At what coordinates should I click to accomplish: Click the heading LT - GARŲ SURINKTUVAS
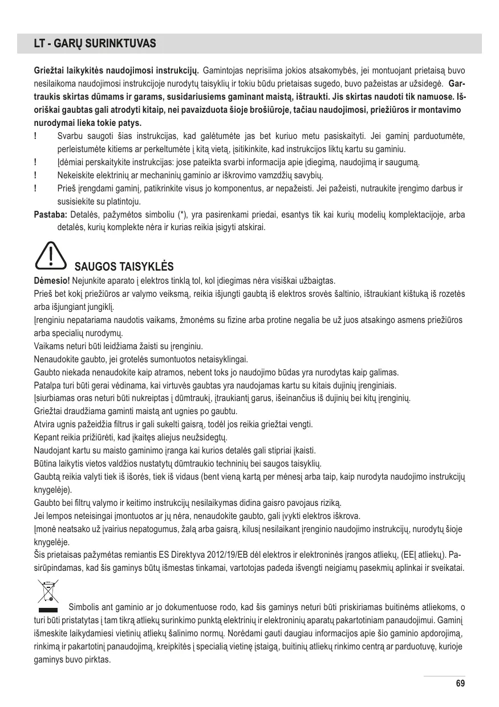[x=89, y=44]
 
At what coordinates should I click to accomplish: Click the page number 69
[x=461, y=683]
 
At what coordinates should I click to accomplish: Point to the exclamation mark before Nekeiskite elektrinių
[x=36, y=176]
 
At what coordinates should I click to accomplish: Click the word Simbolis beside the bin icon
[x=84, y=606]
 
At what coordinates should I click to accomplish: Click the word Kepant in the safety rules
[x=47, y=438]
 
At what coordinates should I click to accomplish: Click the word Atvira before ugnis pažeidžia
[x=46, y=424]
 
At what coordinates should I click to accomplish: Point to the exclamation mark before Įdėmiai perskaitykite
[x=36, y=163]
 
